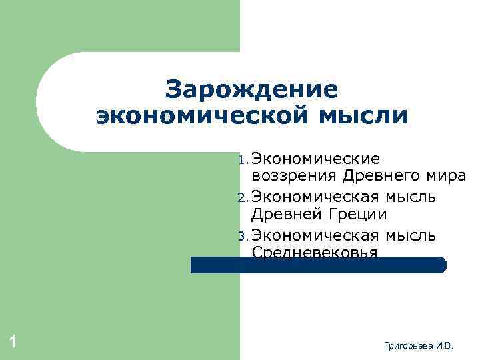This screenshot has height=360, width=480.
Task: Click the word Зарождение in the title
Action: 252,90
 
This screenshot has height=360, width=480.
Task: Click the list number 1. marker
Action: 243,160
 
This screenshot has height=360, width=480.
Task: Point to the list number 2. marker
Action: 243,198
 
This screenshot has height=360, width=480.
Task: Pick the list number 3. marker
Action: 243,236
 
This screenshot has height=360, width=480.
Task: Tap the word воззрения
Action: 294,177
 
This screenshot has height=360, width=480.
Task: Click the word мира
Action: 445,177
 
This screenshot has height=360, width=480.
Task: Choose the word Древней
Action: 286,215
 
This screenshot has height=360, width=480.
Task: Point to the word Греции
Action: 356,215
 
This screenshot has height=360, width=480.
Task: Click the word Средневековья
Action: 315,252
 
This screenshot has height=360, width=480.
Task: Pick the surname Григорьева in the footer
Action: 409,345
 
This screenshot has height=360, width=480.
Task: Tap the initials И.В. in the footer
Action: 444,345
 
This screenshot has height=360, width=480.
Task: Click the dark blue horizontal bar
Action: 319,265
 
